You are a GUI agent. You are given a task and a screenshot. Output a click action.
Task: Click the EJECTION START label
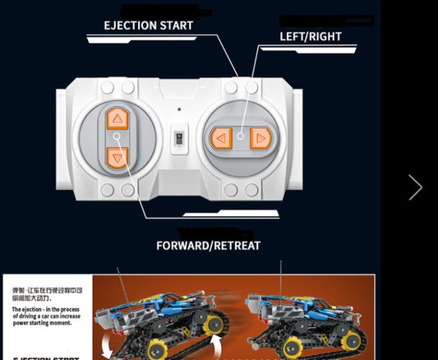pyautogui.click(x=148, y=25)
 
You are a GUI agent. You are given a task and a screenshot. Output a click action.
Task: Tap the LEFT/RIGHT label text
pyautogui.click(x=311, y=36)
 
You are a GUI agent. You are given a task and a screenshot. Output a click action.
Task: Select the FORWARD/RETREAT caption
pyautogui.click(x=208, y=245)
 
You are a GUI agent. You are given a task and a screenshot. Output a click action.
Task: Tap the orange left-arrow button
pyautogui.click(x=220, y=138)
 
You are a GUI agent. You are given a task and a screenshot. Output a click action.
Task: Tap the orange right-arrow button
pyautogui.click(x=260, y=138)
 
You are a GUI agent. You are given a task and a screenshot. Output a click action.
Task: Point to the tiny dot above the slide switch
pyautogui.click(x=179, y=109)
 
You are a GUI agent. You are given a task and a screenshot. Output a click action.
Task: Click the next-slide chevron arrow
pyautogui.click(x=415, y=187)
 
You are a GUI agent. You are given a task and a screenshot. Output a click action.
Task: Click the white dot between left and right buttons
pyautogui.click(x=240, y=137)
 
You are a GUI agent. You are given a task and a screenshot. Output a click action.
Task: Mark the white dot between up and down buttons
pyautogui.click(x=117, y=137)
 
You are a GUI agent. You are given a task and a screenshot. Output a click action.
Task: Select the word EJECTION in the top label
pyautogui.click(x=130, y=25)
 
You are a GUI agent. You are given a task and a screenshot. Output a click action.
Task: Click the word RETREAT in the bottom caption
pyautogui.click(x=236, y=245)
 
